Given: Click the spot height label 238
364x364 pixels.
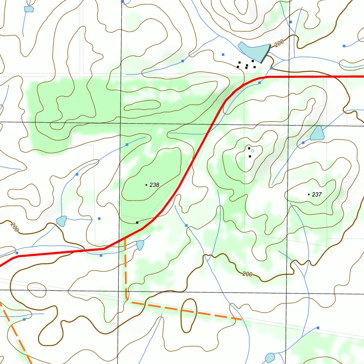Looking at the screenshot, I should pyautogui.click(x=154, y=185).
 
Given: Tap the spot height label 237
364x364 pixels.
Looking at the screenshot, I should pyautogui.click(x=316, y=194).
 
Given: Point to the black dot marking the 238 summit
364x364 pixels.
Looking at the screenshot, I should pyautogui.click(x=146, y=185).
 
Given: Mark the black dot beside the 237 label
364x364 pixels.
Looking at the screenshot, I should pyautogui.click(x=309, y=194).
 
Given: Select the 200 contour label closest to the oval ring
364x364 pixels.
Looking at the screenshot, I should pyautogui.click(x=247, y=274).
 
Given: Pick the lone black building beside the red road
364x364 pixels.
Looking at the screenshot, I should pyautogui.click(x=137, y=223).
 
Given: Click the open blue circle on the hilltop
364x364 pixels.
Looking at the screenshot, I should pyautogui.click(x=253, y=151).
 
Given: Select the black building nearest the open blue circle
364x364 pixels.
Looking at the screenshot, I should pyautogui.click(x=249, y=148).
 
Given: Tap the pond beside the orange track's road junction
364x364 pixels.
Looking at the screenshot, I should pyautogui.click(x=140, y=245).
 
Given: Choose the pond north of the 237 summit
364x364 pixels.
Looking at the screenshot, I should pyautogui.click(x=317, y=133).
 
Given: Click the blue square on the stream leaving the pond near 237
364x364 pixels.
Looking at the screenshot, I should pyautogui.click(x=303, y=143).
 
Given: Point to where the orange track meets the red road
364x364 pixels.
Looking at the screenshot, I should pyautogui.click(x=125, y=236).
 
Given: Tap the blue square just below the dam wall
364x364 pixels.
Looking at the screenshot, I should pyautogui.click(x=271, y=68).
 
